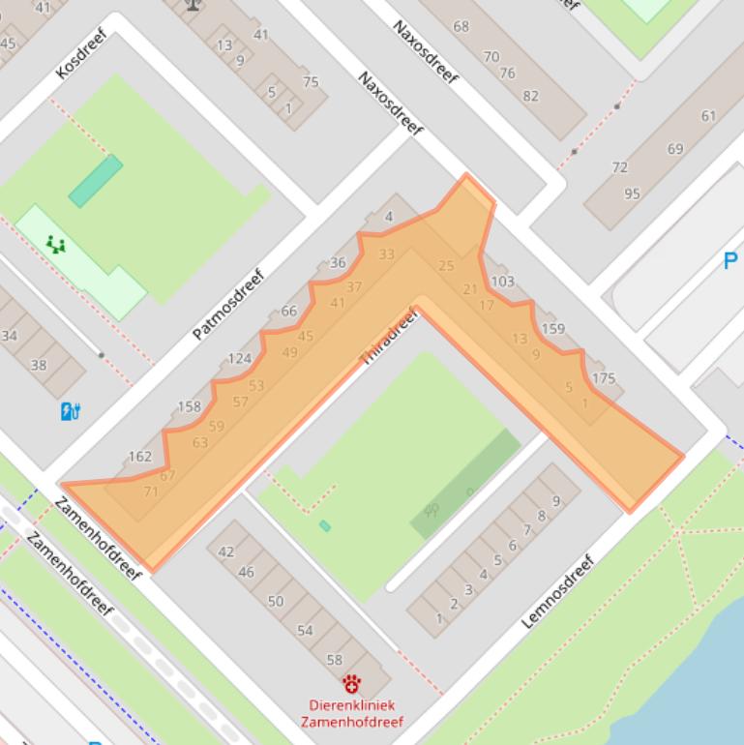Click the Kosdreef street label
(80, 55)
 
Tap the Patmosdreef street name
(227, 304)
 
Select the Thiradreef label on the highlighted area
(388, 336)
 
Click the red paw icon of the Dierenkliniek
(351, 683)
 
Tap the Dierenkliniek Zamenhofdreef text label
(352, 713)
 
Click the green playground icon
(56, 244)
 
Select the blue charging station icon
(70, 411)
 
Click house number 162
(139, 457)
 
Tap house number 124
(239, 359)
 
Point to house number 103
(502, 282)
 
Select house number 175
(603, 378)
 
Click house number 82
(530, 96)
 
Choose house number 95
(632, 194)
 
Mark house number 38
(39, 365)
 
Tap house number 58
(335, 660)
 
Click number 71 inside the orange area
(150, 492)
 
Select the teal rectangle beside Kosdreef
(95, 181)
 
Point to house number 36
(338, 262)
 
